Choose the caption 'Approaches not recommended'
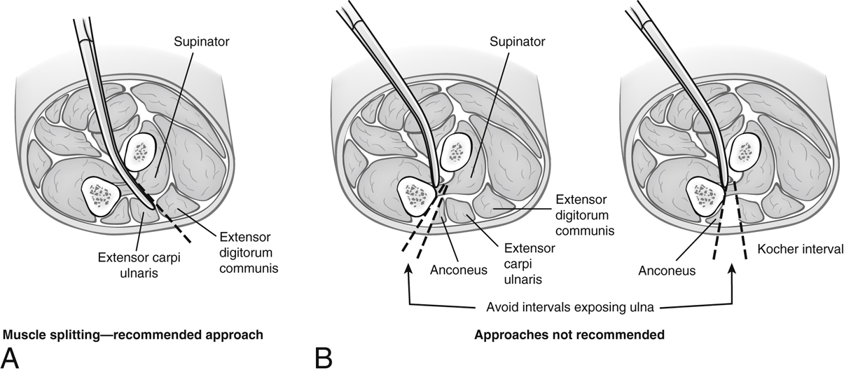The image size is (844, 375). pyautogui.click(x=569, y=335)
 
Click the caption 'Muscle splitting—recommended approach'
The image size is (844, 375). pyautogui.click(x=134, y=335)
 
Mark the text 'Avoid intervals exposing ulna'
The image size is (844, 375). pyautogui.click(x=569, y=306)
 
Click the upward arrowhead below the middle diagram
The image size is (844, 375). pyautogui.click(x=408, y=268)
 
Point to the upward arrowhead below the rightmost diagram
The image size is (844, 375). pyautogui.click(x=732, y=268)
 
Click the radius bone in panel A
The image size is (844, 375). pyautogui.click(x=143, y=151)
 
